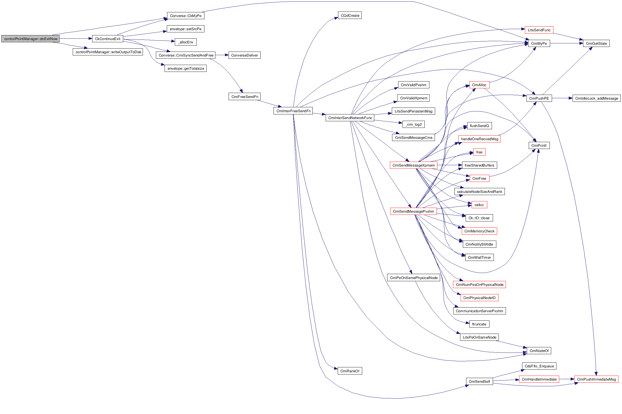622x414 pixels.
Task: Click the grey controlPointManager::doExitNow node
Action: tap(30, 39)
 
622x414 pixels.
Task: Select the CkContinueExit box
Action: tap(108, 39)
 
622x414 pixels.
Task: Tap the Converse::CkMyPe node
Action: tap(185, 16)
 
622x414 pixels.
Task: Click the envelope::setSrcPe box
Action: tap(185, 29)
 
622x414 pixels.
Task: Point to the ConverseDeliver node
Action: tap(244, 55)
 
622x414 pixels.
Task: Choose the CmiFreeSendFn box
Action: tap(244, 97)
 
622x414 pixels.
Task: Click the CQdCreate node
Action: tap(350, 15)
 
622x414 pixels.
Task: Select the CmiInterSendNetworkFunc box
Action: tap(350, 118)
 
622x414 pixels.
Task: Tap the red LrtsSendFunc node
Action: tap(539, 30)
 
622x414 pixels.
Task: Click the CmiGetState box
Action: tap(596, 43)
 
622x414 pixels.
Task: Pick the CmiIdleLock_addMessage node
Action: tap(596, 98)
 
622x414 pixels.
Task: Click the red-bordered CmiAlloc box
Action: tap(479, 85)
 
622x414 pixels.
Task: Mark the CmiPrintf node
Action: tap(539, 145)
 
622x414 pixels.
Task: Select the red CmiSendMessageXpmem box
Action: tap(413, 165)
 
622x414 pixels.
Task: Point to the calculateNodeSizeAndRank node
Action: tap(479, 191)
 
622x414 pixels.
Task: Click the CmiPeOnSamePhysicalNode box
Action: tap(413, 278)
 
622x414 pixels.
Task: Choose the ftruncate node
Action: tap(479, 324)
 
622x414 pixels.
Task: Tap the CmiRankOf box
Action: tap(350, 371)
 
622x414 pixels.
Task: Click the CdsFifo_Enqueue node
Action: tap(539, 366)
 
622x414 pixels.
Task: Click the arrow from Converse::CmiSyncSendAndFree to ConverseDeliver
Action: tap(222, 55)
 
